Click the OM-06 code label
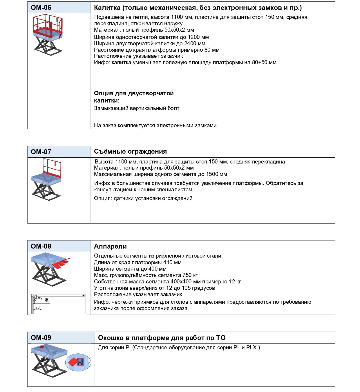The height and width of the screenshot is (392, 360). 41,8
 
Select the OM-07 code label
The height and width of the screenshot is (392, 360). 41,152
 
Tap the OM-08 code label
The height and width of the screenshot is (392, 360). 41,246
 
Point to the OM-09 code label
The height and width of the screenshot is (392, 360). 41,338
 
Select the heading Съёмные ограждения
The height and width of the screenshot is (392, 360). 130,151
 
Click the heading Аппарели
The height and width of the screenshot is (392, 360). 110,247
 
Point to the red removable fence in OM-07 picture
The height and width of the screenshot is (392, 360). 52,168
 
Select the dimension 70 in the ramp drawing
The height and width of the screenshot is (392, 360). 38,307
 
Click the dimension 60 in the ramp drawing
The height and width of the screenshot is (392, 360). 46,300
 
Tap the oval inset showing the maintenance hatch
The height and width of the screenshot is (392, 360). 78,362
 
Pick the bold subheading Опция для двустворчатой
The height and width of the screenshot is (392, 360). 134,93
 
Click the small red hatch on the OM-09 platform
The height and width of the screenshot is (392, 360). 42,347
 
